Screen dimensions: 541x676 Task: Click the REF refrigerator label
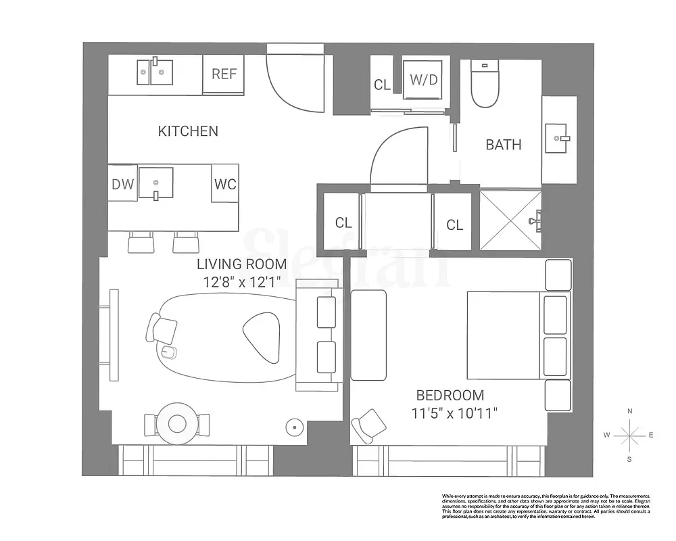(x=224, y=74)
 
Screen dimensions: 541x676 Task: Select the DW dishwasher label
(x=123, y=184)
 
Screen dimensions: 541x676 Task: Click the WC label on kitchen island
(x=225, y=184)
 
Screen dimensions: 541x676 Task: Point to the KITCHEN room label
(x=188, y=131)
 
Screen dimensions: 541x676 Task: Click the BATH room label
(x=504, y=144)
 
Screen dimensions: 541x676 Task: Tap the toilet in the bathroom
(x=485, y=86)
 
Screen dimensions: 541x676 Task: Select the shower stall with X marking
(x=510, y=220)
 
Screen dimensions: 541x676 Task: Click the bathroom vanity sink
(x=560, y=139)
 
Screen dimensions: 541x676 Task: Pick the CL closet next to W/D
(x=382, y=85)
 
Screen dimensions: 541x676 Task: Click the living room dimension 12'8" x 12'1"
(x=241, y=282)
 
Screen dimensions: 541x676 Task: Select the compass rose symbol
(x=629, y=436)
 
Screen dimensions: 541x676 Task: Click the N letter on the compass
(x=629, y=411)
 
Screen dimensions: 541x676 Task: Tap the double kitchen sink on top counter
(x=155, y=70)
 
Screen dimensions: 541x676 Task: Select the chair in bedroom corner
(x=369, y=425)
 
